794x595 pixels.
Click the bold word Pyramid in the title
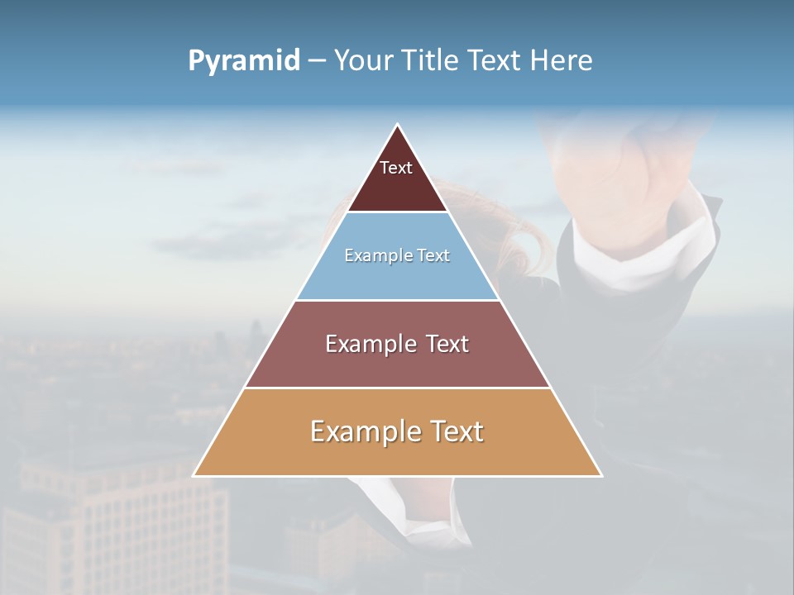pyautogui.click(x=244, y=61)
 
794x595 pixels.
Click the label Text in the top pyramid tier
pyautogui.click(x=396, y=168)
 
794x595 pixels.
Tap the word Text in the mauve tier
pyautogui.click(x=447, y=344)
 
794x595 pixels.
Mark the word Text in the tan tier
pyautogui.click(x=457, y=431)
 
